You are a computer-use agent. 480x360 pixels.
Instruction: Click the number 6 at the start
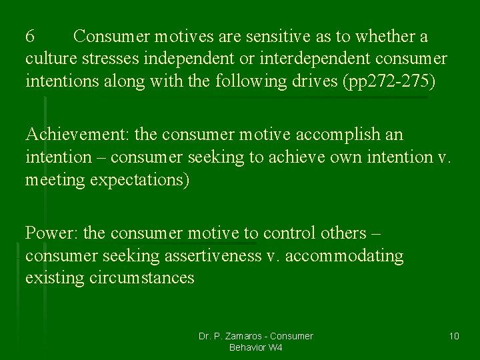point(30,35)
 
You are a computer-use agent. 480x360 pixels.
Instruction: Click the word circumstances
point(141,278)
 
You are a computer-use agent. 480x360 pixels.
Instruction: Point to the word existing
point(54,278)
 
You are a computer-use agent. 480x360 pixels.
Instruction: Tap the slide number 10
point(454,335)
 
